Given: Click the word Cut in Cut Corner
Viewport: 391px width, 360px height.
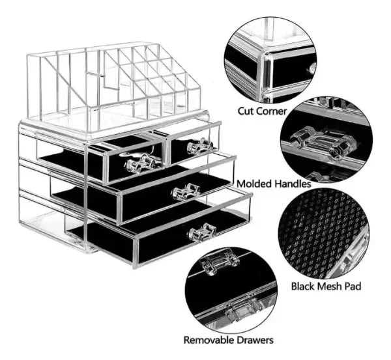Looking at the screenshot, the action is point(245,111).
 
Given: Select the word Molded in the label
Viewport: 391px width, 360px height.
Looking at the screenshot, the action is point(254,184).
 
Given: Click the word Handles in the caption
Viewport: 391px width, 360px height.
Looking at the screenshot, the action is point(293,184).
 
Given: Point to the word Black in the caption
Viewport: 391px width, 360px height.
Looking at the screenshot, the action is point(304,286).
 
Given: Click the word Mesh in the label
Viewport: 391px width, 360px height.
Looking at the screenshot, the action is point(331,286).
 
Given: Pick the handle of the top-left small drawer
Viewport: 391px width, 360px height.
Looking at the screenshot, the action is point(141,163).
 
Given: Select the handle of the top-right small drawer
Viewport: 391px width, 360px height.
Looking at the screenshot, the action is point(200,146).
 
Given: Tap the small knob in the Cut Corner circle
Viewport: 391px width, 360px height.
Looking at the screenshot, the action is point(312,68).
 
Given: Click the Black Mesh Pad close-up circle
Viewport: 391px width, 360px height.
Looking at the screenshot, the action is point(323,234).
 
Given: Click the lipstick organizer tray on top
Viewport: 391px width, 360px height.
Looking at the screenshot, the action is point(114,88).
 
